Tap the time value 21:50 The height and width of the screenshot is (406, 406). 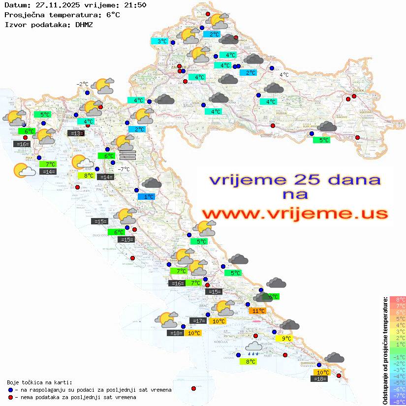[135, 5]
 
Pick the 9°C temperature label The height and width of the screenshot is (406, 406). [286, 338]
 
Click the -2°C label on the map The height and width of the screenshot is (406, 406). [82, 84]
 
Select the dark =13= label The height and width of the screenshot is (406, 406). [75, 133]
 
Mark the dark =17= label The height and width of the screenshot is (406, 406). [198, 321]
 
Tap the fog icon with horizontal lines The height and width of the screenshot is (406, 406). [127, 155]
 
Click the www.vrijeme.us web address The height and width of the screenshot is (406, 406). [294, 214]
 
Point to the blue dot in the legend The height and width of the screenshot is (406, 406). [10, 390]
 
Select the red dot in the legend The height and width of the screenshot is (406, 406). [10, 397]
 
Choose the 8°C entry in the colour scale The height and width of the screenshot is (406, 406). [397, 299]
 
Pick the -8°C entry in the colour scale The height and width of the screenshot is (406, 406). [397, 402]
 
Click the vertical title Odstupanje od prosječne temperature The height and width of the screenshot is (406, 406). [385, 350]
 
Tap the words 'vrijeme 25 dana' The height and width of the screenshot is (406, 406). [294, 179]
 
